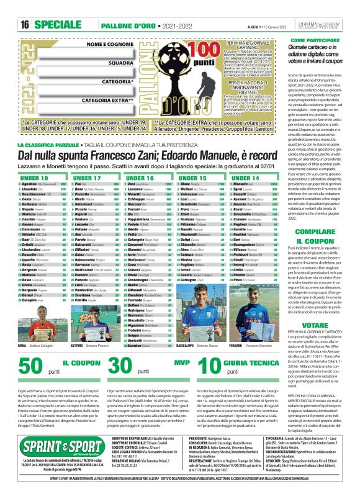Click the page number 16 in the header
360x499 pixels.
point(25,24)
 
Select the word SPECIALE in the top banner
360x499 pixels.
point(56,24)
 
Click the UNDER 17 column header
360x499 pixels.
point(87,178)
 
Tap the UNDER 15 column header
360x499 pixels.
point(192,178)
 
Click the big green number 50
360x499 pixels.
point(29,366)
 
